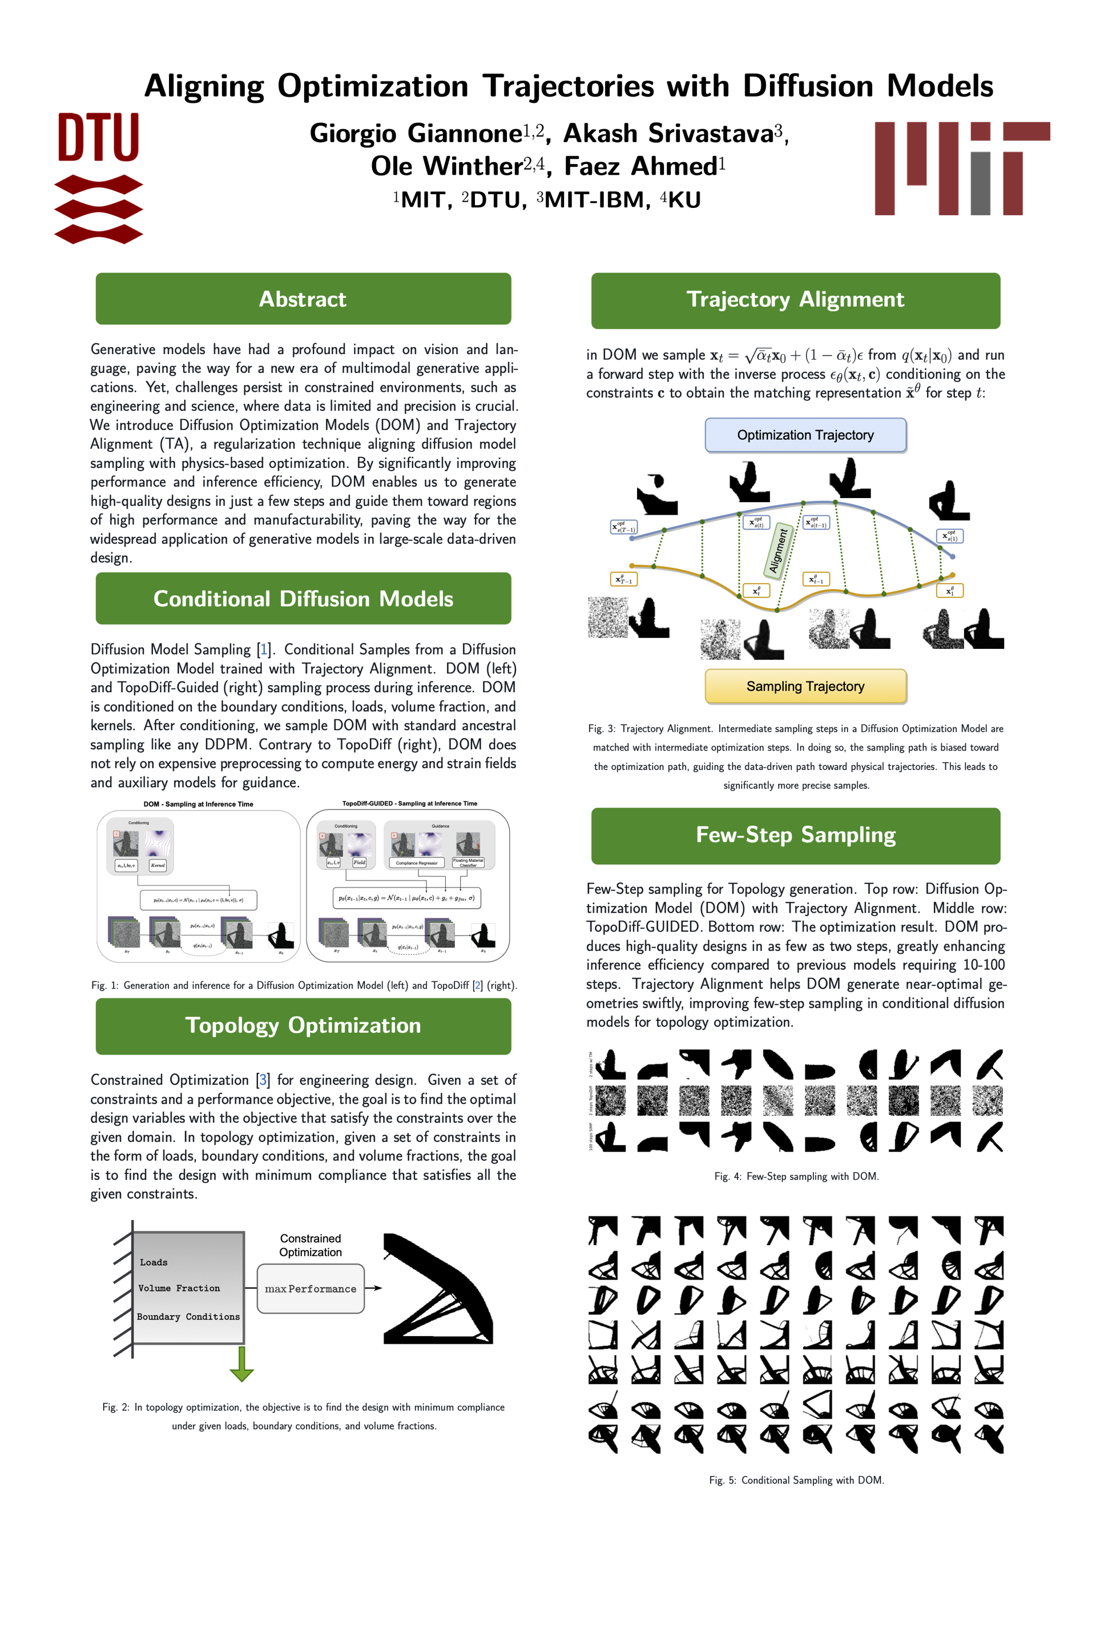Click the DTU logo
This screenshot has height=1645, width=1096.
[99, 178]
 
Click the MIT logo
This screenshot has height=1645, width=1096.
[962, 168]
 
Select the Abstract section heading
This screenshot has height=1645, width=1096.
[303, 299]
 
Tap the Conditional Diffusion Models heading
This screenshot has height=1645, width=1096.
[303, 599]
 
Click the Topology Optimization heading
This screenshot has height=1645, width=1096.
[303, 1025]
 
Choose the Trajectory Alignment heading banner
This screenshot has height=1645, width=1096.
[795, 300]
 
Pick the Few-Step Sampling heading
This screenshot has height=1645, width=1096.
[795, 835]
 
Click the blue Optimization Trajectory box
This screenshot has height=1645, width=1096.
[805, 435]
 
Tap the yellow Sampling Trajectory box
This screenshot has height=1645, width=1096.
[805, 686]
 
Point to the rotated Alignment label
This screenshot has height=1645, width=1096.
[779, 551]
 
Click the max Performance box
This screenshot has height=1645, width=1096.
[311, 1289]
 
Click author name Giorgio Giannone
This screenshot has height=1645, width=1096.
[416, 133]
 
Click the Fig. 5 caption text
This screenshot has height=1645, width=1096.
[796, 1480]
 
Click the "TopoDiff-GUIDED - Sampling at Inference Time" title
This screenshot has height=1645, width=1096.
[410, 804]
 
